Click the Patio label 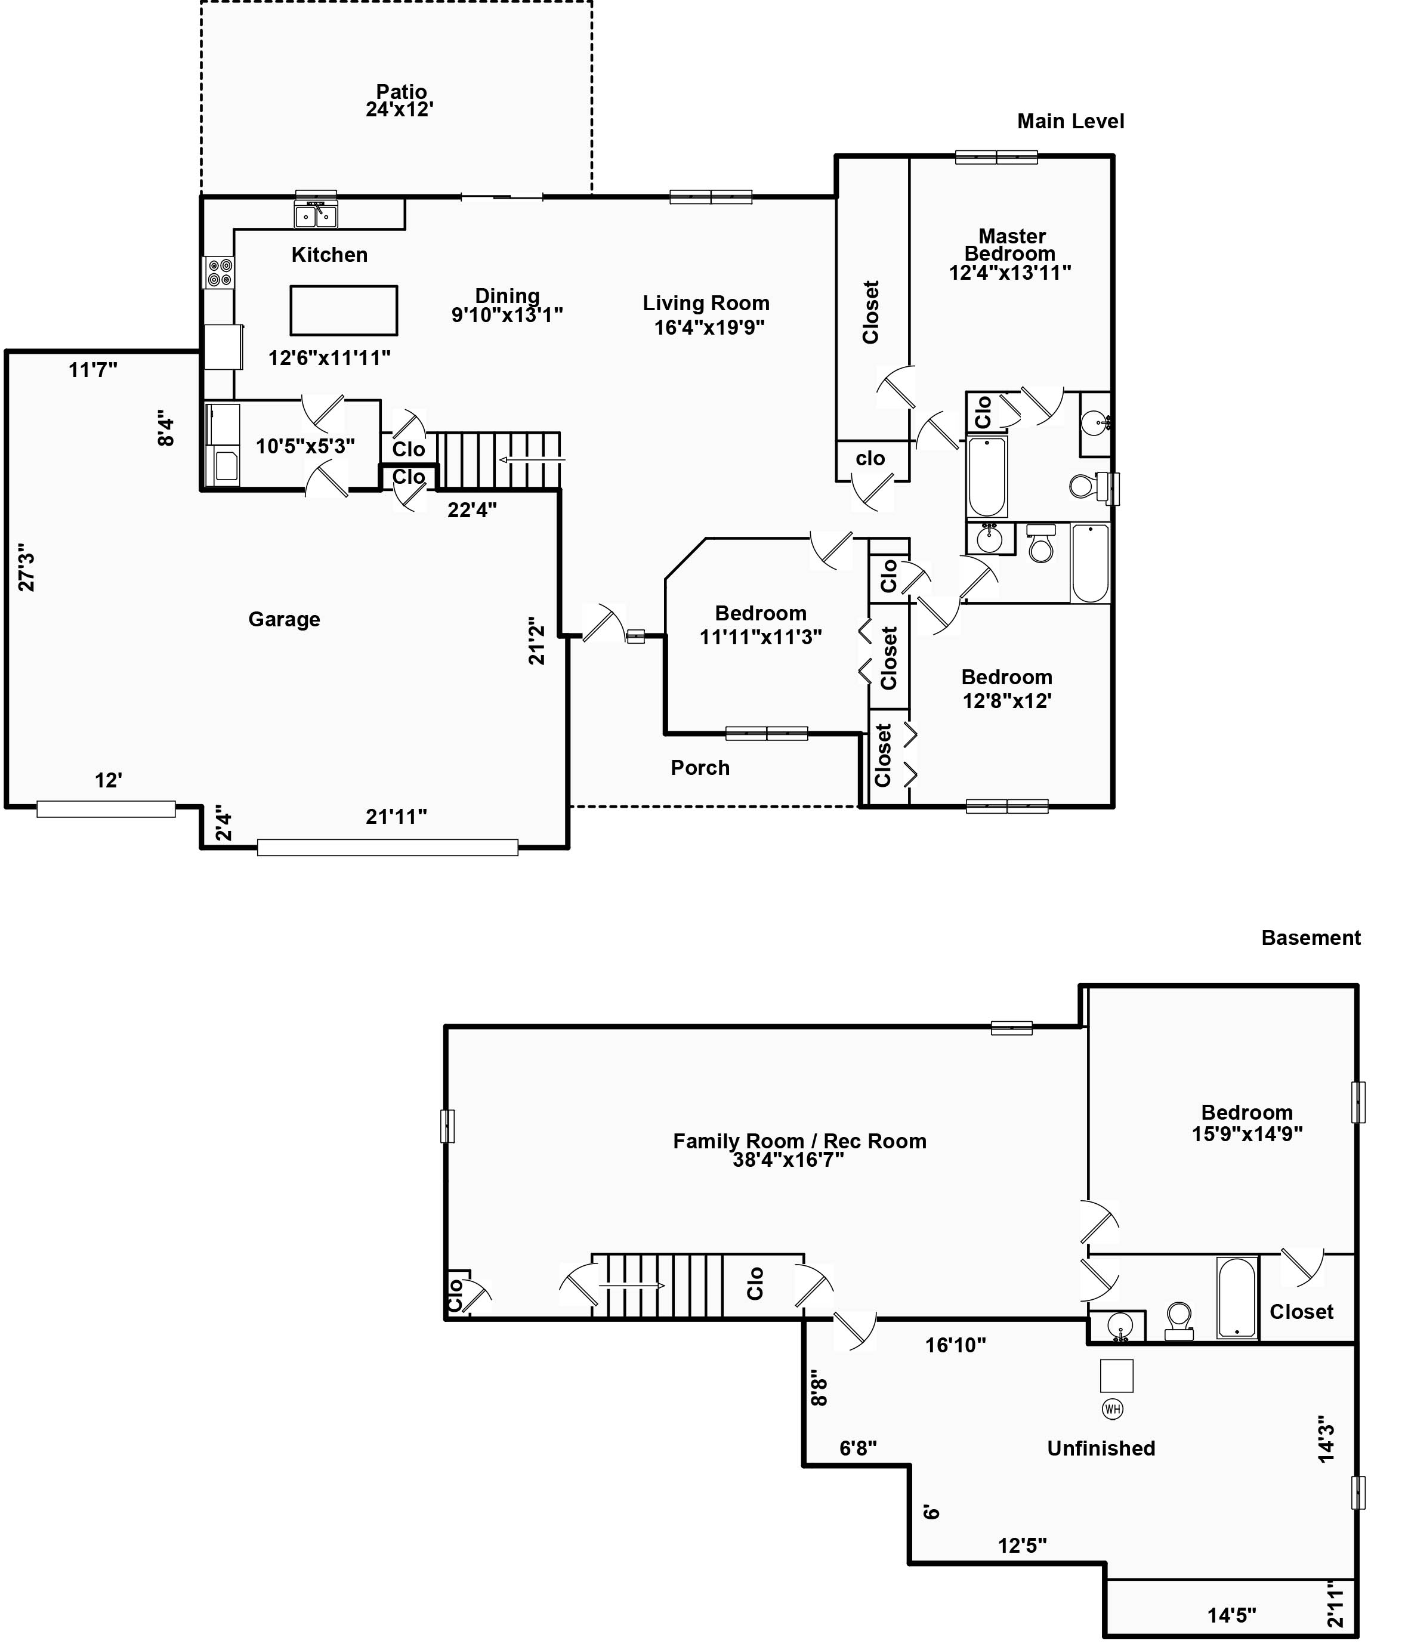pyautogui.click(x=402, y=92)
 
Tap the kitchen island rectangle pyautogui.click(x=343, y=310)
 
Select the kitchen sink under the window pyautogui.click(x=316, y=214)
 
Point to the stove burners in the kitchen pyautogui.click(x=220, y=273)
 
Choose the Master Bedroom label pyautogui.click(x=1011, y=245)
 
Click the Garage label pyautogui.click(x=285, y=619)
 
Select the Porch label pyautogui.click(x=700, y=768)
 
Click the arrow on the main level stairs pyautogui.click(x=532, y=459)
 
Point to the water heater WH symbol pyautogui.click(x=1112, y=1409)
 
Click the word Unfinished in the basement pyautogui.click(x=1101, y=1448)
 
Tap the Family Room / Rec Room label pyautogui.click(x=799, y=1141)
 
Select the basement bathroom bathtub pyautogui.click(x=1237, y=1297)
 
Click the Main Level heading pyautogui.click(x=1070, y=121)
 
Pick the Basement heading pyautogui.click(x=1311, y=937)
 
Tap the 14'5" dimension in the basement pyautogui.click(x=1231, y=1615)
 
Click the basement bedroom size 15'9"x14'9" pyautogui.click(x=1247, y=1134)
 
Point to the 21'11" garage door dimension pyautogui.click(x=397, y=816)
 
